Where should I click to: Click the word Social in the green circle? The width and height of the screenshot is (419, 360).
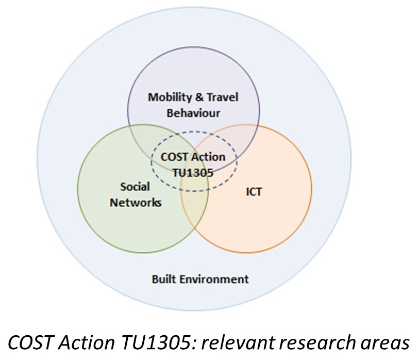tap(135, 186)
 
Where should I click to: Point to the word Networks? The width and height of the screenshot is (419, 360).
tap(135, 202)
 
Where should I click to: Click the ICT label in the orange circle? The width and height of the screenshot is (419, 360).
tap(254, 192)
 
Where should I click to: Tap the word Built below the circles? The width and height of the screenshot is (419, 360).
tap(163, 279)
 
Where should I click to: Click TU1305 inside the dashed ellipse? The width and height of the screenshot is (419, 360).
tap(193, 172)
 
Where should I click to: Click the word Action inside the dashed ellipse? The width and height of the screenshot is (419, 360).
tap(209, 157)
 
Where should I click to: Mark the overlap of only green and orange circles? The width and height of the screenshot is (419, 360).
tap(194, 217)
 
